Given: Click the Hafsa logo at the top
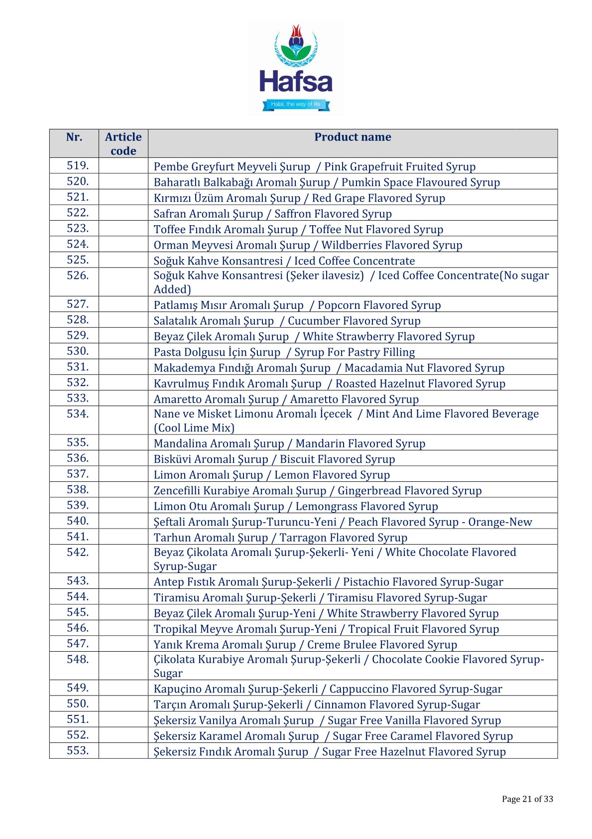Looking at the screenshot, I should (296, 68).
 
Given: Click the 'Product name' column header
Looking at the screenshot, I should (353, 137).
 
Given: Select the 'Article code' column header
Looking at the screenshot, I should (123, 143).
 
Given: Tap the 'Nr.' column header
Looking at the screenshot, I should (74, 137).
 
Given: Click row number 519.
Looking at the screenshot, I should (78, 165).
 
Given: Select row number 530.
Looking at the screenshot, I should (78, 351).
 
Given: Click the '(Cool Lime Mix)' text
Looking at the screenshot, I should (194, 428).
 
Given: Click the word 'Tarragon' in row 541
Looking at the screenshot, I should (302, 538).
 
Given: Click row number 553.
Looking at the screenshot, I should (78, 751).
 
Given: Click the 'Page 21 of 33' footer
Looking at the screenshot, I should (527, 799).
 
